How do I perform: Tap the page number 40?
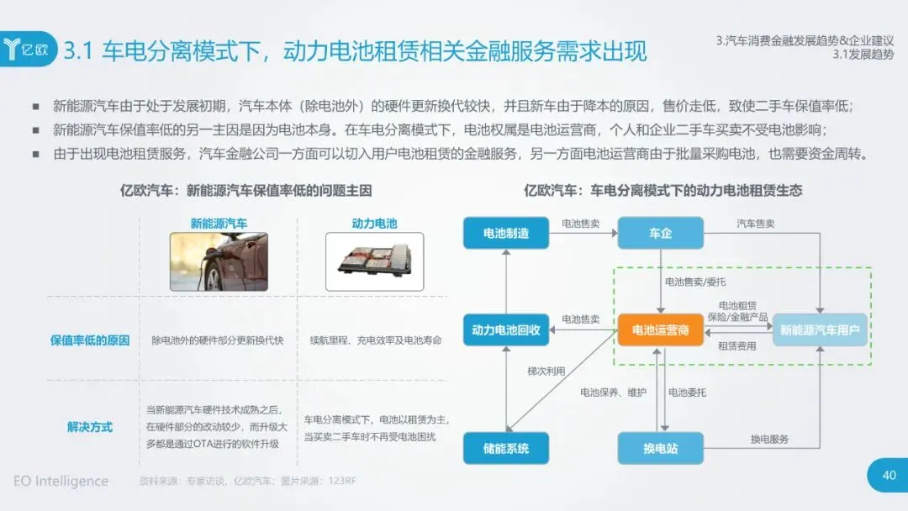click(x=889, y=476)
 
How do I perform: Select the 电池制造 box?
click(x=506, y=233)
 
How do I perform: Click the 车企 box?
click(x=660, y=233)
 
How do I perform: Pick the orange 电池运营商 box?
click(x=660, y=330)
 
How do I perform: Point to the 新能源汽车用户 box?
click(x=820, y=330)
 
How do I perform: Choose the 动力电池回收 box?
click(x=506, y=330)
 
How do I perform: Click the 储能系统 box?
click(x=506, y=448)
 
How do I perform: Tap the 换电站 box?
click(x=660, y=448)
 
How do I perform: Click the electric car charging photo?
click(x=219, y=261)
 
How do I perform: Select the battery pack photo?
click(x=374, y=261)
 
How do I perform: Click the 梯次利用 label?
click(x=546, y=371)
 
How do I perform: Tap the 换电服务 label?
click(x=769, y=439)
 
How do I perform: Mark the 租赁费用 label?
click(x=736, y=346)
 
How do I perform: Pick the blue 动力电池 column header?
click(x=374, y=224)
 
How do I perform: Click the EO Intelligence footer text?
click(x=61, y=481)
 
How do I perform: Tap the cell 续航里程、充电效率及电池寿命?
click(x=375, y=340)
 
